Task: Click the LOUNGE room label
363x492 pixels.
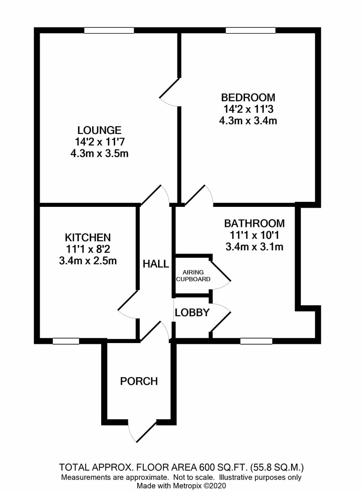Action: (x=99, y=130)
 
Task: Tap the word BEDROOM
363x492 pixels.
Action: (x=248, y=97)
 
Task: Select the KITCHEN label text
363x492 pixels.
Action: (x=88, y=237)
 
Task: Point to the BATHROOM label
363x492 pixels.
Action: (x=254, y=223)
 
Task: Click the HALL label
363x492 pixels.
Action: (x=156, y=264)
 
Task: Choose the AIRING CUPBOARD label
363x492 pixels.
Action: (x=193, y=275)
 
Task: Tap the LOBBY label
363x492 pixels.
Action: (x=192, y=313)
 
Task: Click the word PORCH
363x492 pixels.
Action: (x=139, y=381)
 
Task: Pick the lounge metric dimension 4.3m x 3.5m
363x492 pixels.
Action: (x=99, y=154)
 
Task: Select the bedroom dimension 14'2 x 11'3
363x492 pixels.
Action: (x=248, y=109)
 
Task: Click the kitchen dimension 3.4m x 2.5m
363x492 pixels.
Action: (x=88, y=261)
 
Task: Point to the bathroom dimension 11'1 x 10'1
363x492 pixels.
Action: (x=254, y=235)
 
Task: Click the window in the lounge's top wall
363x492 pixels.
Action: (x=109, y=30)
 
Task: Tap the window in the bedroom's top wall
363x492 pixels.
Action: (x=251, y=30)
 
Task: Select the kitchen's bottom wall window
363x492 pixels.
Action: (x=66, y=341)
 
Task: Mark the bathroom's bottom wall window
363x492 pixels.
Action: (x=256, y=341)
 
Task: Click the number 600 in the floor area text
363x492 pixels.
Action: (x=207, y=468)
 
